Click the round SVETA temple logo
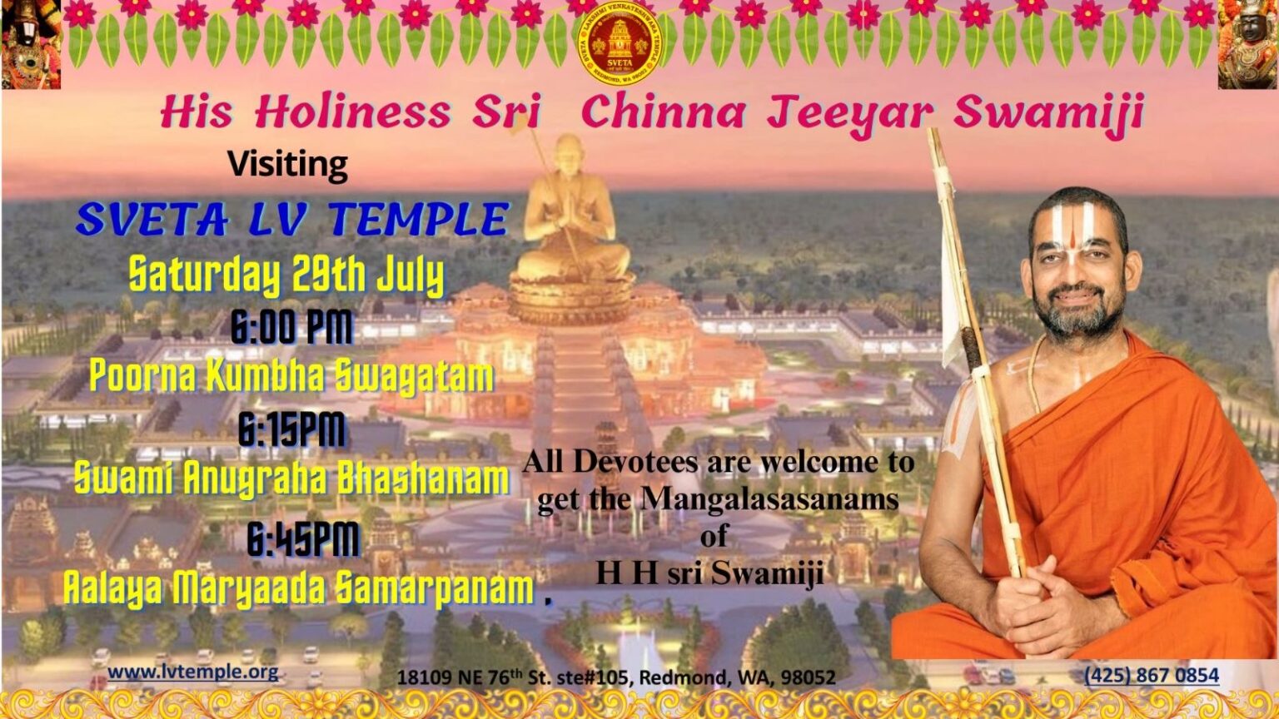618,42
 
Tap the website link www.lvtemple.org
193,672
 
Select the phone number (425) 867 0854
1152,675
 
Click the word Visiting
287,165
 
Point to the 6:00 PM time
291,328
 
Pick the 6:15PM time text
291,430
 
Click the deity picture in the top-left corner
31,43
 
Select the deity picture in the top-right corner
1247,43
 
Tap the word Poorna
142,376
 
